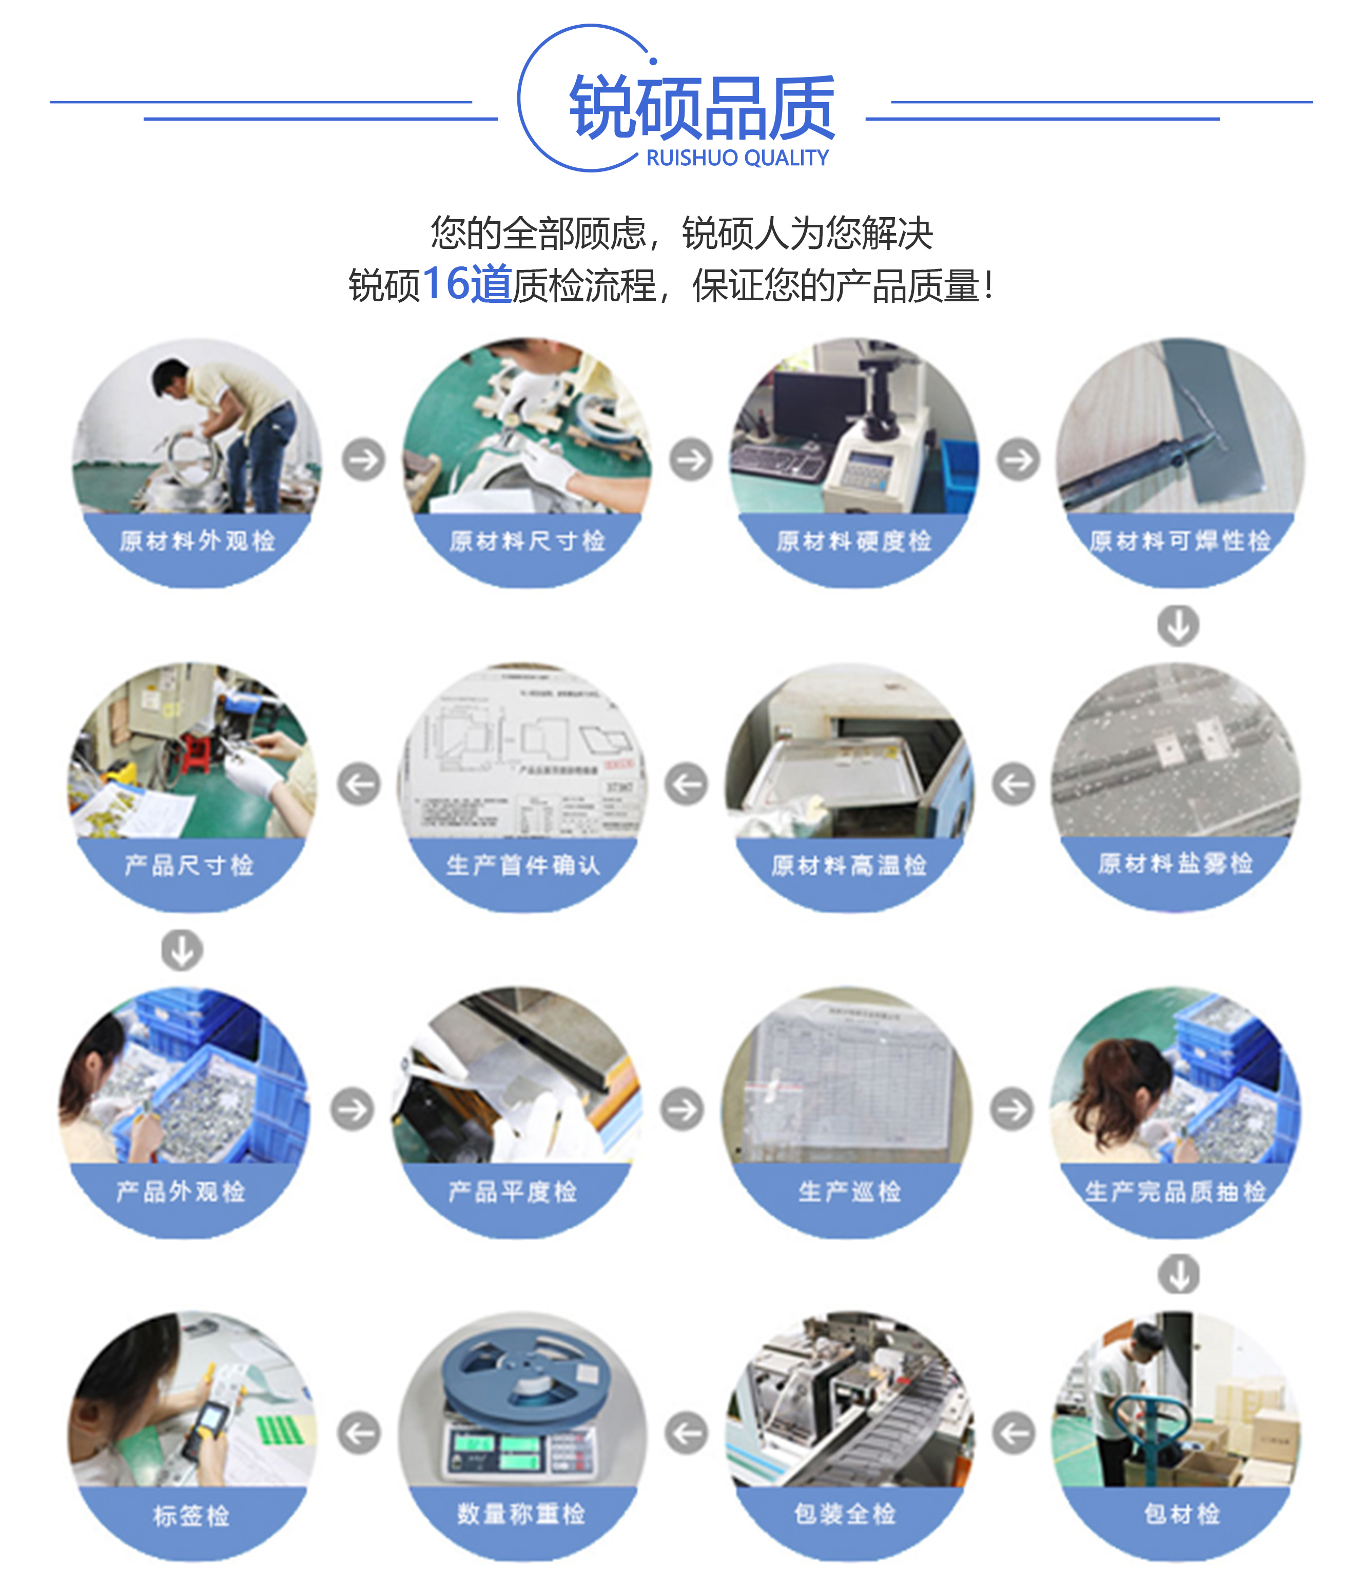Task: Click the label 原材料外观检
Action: point(197,541)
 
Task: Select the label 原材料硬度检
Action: point(853,541)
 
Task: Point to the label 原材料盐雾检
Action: point(1175,863)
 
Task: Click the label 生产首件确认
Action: point(523,865)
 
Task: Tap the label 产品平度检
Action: point(512,1191)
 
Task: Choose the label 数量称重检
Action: point(521,1513)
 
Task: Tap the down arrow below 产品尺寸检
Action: point(182,950)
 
